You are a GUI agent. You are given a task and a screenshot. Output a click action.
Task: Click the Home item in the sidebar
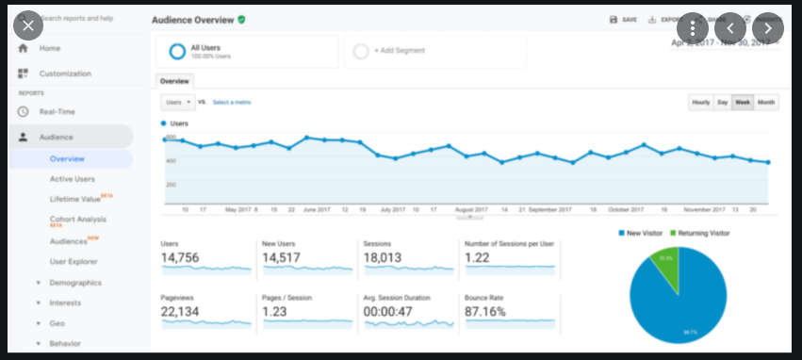click(49, 48)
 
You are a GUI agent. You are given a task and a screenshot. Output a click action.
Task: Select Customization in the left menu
click(64, 74)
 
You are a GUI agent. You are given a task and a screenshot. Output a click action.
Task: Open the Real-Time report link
click(57, 111)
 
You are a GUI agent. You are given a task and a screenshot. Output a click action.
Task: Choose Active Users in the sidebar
click(73, 178)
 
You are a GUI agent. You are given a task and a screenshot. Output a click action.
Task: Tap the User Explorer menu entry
click(74, 261)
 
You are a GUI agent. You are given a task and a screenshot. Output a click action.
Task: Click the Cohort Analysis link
click(77, 220)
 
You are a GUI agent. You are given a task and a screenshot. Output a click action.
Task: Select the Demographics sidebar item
click(74, 282)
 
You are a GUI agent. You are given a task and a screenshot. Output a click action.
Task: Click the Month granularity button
click(766, 102)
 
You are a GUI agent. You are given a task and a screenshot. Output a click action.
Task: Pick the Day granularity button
click(722, 102)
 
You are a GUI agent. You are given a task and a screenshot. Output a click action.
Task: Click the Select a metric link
click(232, 102)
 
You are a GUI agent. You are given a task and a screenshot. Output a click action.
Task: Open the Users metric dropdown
click(177, 102)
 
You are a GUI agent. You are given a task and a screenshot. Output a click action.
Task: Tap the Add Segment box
click(434, 50)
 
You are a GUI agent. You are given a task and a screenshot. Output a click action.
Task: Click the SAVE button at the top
click(624, 19)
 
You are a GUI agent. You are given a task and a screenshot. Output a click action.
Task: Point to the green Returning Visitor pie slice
click(665, 264)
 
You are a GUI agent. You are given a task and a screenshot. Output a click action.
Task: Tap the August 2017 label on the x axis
click(470, 208)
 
